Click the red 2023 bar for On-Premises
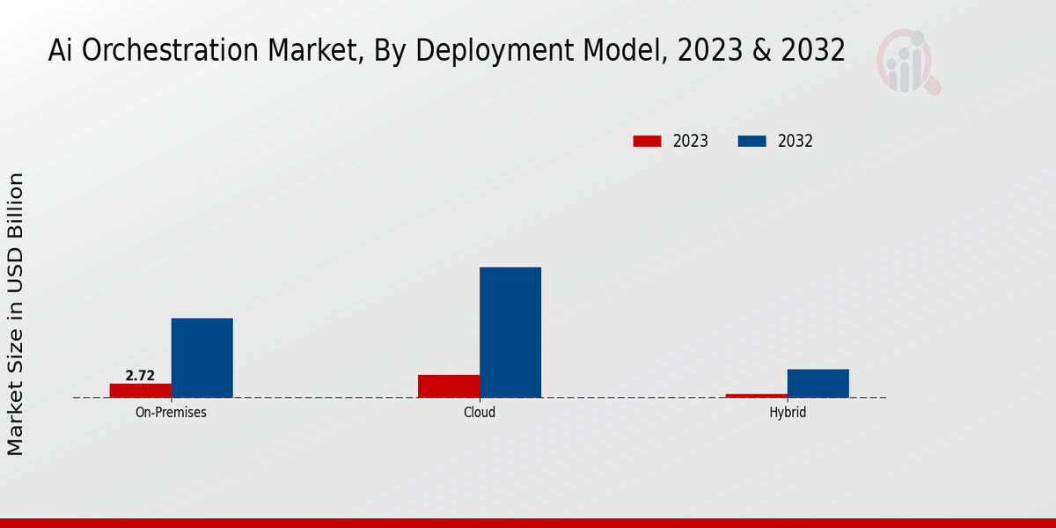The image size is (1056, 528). point(140,390)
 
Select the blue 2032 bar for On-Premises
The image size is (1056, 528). point(202,357)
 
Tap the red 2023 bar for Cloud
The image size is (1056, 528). point(449,385)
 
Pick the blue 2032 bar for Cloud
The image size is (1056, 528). point(510,332)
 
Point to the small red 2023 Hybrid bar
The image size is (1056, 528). point(756,395)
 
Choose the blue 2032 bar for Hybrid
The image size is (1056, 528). point(818,383)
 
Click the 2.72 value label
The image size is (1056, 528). point(140,376)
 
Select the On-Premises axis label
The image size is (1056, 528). point(171,412)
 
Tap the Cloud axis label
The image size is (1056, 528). point(480,412)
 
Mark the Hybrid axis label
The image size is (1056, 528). point(788,412)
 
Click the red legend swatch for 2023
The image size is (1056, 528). point(647,141)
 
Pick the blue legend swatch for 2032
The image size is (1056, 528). point(752,141)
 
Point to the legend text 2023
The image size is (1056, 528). point(691,141)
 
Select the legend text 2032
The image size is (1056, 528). point(796,141)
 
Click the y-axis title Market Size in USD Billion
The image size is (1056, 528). point(16,314)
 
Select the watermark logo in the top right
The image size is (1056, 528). point(907,62)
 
